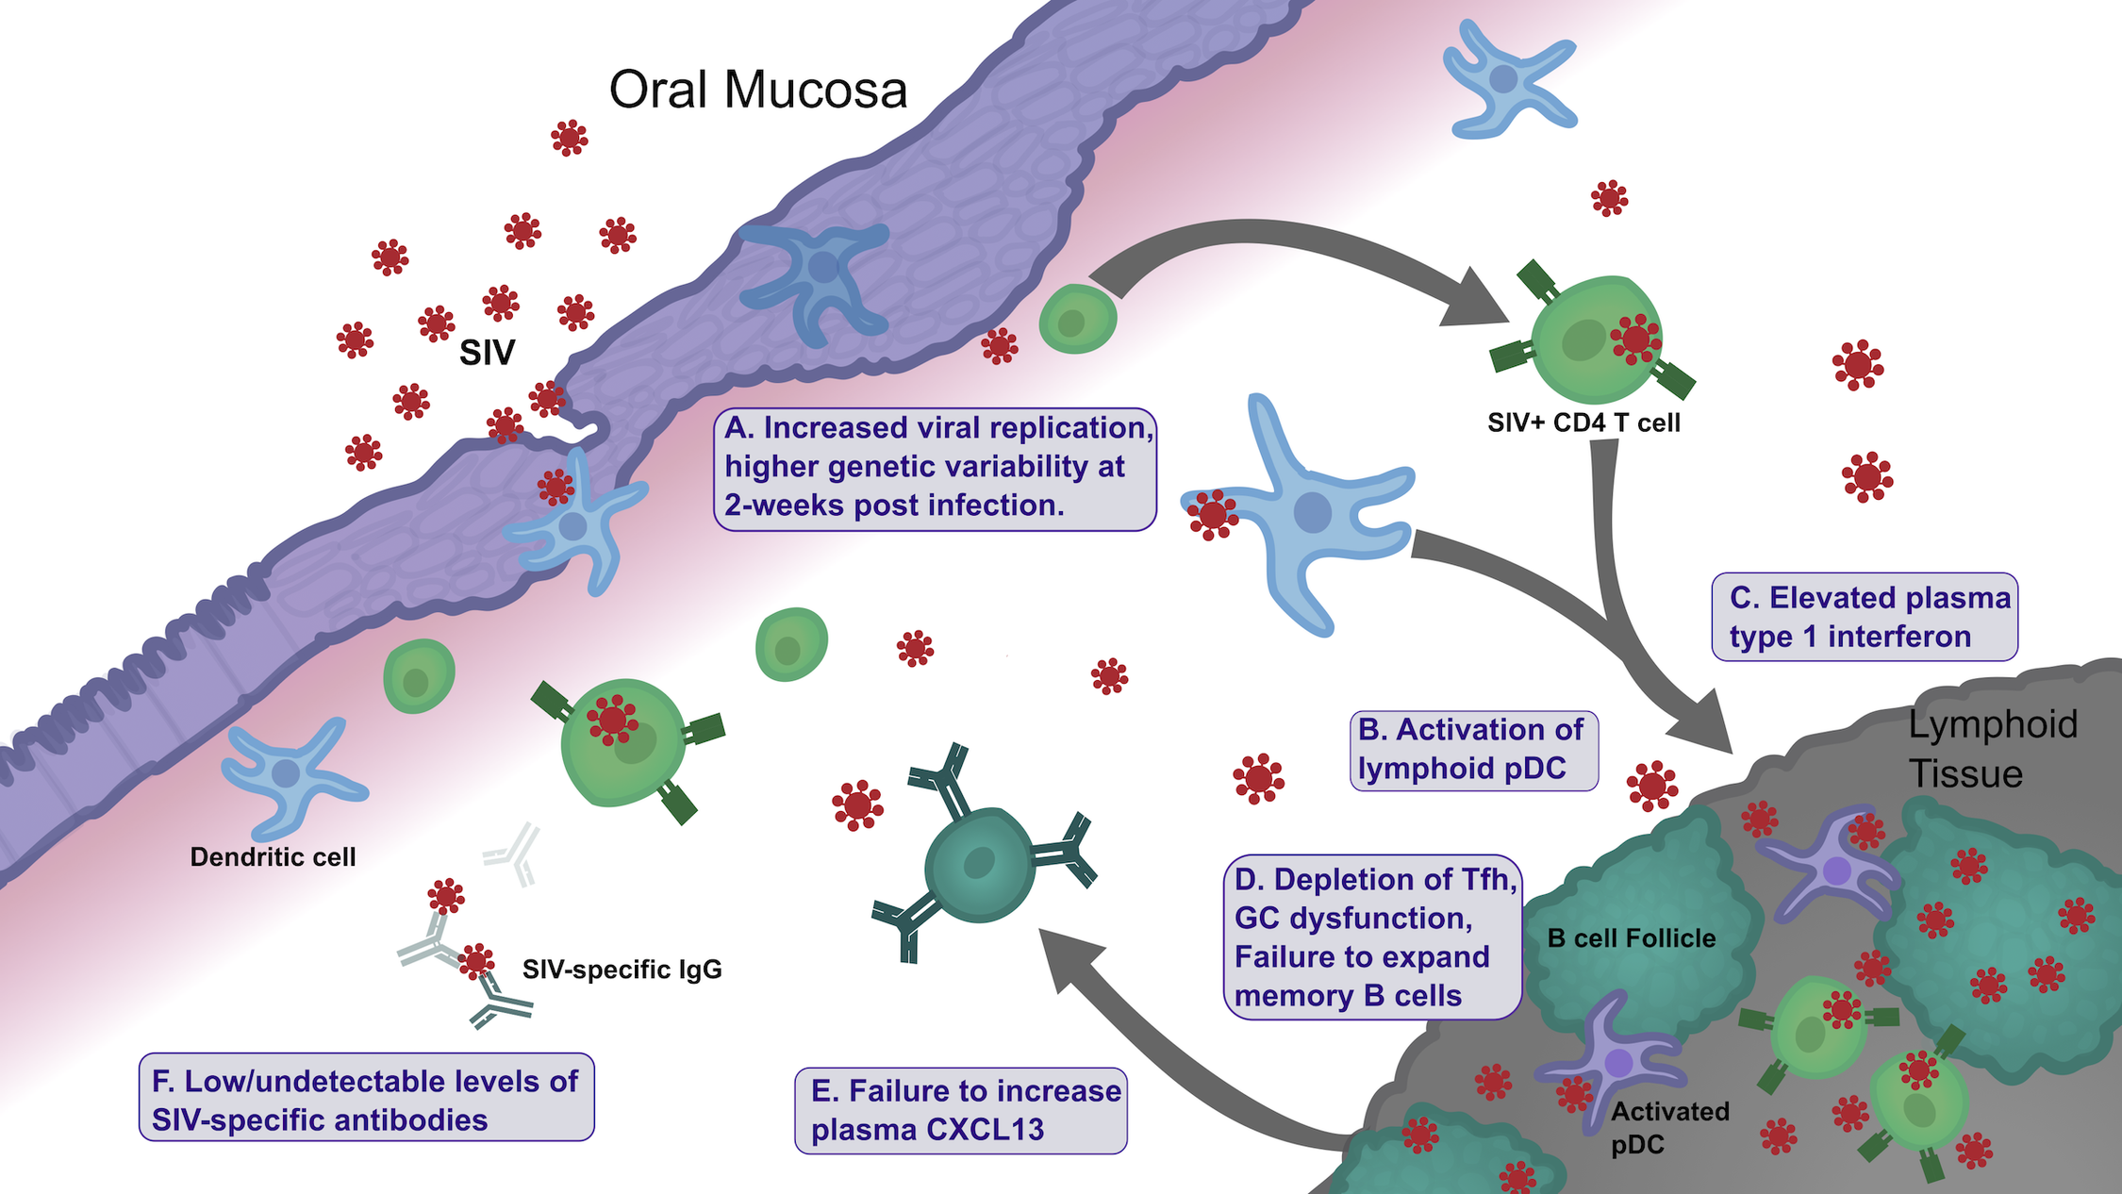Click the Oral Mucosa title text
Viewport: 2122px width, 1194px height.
(757, 91)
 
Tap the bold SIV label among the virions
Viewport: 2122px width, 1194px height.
(487, 354)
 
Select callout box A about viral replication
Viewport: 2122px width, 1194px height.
(935, 468)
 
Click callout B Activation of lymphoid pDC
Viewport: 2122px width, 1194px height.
(1473, 750)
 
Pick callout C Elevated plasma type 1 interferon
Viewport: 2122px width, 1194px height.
(1865, 617)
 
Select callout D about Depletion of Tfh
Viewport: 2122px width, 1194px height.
(1372, 937)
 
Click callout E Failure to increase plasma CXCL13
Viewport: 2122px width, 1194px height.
(961, 1110)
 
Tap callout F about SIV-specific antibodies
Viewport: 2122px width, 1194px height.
(366, 1100)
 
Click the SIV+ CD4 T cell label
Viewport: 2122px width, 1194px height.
(1583, 423)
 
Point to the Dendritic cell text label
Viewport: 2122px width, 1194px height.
(273, 857)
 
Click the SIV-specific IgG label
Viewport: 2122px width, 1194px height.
(622, 970)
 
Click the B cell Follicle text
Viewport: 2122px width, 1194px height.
(1631, 938)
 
